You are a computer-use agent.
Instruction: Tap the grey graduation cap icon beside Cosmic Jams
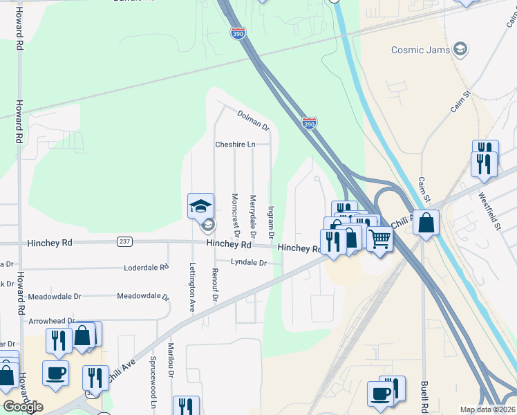[460, 49]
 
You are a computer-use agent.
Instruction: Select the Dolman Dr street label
[252, 120]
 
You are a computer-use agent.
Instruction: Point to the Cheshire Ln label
[235, 145]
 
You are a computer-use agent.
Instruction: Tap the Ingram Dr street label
[271, 223]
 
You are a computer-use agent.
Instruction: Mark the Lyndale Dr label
[248, 262]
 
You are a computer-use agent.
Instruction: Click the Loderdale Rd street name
[146, 267]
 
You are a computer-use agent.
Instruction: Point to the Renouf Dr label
[215, 285]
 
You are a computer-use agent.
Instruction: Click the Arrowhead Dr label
[52, 321]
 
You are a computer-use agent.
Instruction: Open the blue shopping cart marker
[380, 239]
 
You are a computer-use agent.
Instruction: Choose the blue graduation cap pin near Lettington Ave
[200, 205]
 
